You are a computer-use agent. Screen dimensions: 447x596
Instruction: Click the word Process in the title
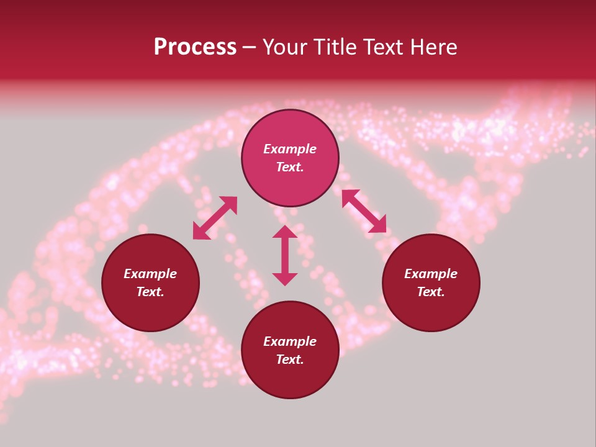point(195,47)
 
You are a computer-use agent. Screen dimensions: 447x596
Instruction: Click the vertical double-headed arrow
point(285,255)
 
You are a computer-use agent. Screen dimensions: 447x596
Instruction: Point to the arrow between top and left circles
point(215,218)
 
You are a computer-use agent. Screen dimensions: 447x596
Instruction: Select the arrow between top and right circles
point(364,211)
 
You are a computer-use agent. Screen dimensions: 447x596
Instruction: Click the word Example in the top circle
point(290,149)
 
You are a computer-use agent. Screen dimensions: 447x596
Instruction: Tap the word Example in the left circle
point(150,274)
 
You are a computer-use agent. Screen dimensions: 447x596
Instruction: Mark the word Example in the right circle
point(431,274)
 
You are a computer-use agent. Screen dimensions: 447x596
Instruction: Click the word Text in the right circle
point(430,292)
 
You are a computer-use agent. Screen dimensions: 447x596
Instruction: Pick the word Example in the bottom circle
point(290,341)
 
